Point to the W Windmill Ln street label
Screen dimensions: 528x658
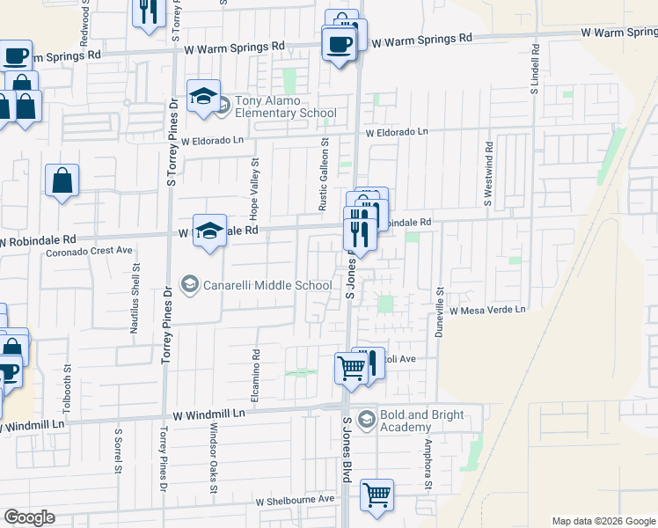(x=208, y=413)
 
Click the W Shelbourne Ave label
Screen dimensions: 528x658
(x=296, y=500)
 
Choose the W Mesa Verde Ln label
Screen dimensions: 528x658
(x=486, y=310)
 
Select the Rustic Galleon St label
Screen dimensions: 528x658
(x=324, y=173)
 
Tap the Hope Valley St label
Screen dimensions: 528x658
(x=255, y=188)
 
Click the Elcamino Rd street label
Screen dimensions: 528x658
(x=256, y=370)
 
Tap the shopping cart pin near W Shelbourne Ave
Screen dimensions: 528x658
(x=377, y=495)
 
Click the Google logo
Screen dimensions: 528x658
(x=29, y=517)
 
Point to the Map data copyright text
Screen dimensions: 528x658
(x=603, y=521)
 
